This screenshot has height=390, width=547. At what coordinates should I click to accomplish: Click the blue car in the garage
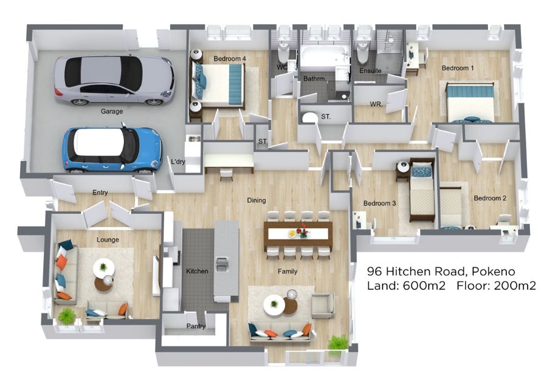click(112, 149)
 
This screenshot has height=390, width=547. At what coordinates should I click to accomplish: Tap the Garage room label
click(112, 112)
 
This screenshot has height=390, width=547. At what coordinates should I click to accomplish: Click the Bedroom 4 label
click(230, 59)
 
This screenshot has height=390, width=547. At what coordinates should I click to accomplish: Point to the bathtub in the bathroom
click(325, 58)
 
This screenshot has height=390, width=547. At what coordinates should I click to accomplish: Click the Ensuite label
click(371, 70)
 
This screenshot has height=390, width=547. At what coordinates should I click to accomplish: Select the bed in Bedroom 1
click(470, 102)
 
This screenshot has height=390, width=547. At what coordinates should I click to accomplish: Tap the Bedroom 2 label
click(490, 198)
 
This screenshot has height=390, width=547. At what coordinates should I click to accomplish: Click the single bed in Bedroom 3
click(422, 190)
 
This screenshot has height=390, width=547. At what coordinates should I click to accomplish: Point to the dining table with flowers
click(298, 233)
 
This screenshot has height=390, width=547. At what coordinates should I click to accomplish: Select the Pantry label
click(196, 326)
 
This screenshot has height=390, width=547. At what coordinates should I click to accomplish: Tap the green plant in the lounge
click(67, 316)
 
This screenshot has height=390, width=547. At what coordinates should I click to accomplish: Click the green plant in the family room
click(338, 344)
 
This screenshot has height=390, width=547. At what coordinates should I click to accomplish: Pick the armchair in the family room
click(323, 306)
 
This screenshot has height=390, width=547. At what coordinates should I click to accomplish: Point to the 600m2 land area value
click(424, 286)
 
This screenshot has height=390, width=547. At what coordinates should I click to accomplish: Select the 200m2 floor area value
click(515, 286)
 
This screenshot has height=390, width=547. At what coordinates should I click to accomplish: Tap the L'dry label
click(178, 162)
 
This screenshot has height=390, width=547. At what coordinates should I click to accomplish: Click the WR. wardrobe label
click(376, 104)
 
